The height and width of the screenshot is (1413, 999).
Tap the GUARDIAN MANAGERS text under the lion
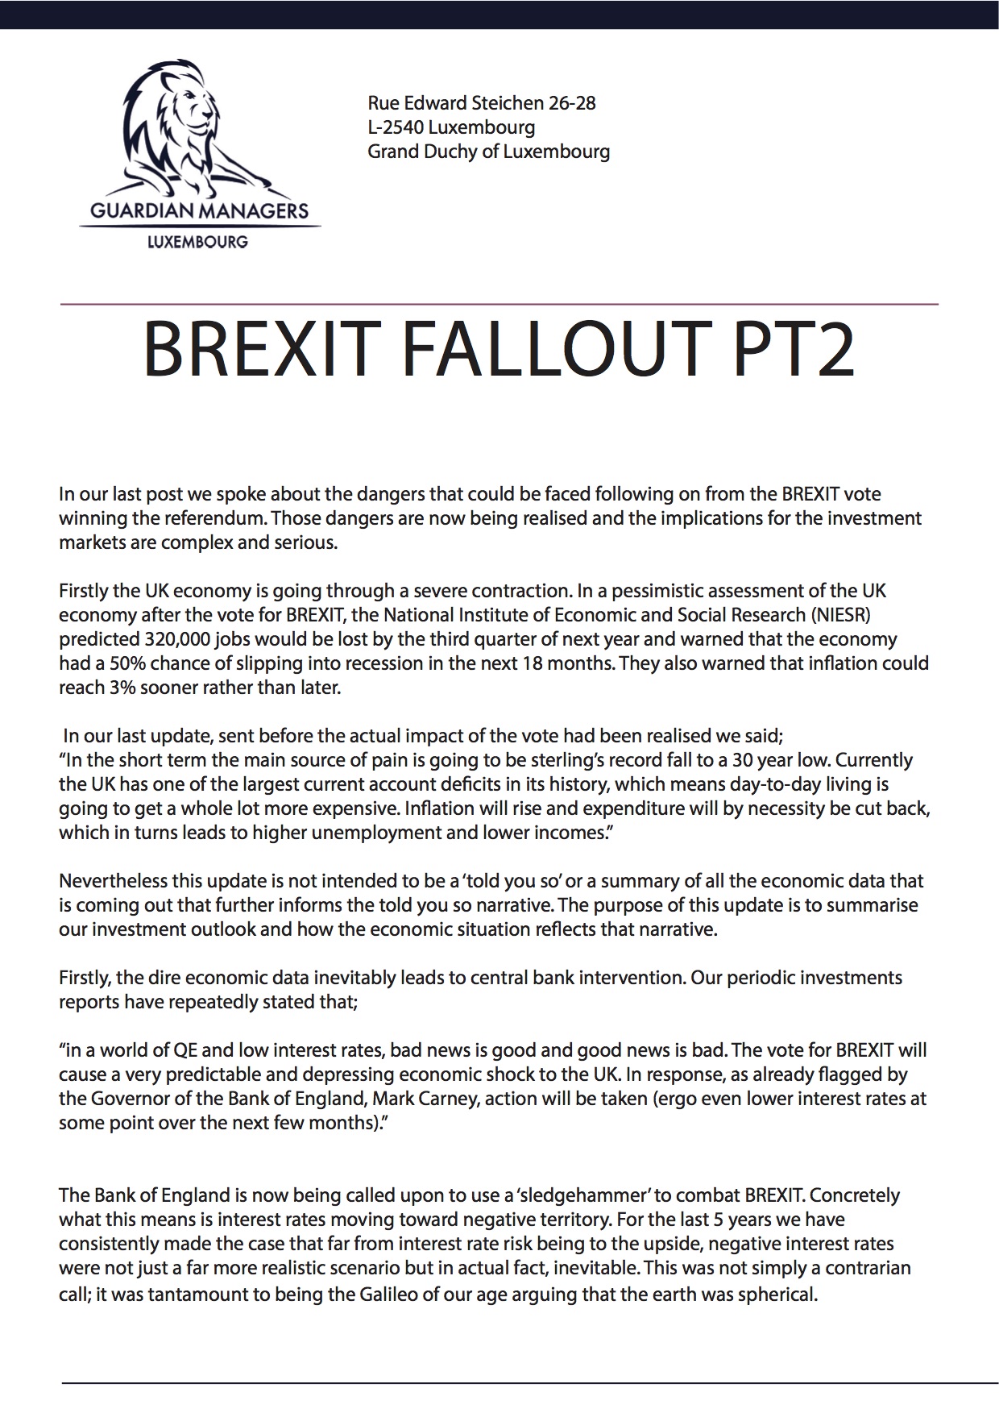[199, 211]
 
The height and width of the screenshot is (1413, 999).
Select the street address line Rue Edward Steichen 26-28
[481, 103]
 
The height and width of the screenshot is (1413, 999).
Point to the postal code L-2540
[395, 127]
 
